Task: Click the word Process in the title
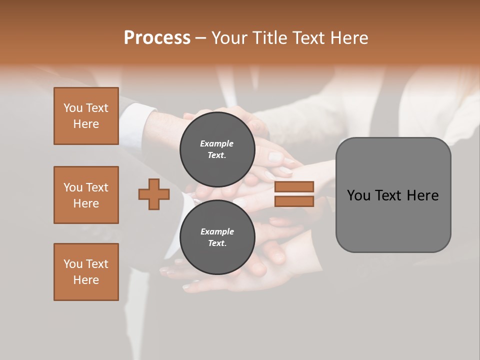pos(157,38)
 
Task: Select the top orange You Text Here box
pos(86,116)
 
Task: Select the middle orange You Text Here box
pos(86,195)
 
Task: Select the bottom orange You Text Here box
pos(86,272)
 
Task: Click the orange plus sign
pos(154,194)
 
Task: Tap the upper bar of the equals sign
pos(294,186)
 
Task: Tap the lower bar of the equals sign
pos(294,201)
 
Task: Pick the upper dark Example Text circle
pos(217,149)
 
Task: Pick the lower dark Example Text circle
pos(217,237)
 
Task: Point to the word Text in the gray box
pos(390,195)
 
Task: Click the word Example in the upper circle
pos(216,143)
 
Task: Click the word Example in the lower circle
pos(217,231)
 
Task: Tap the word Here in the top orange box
pos(86,124)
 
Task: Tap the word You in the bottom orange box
pos(72,264)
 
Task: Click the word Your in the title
pos(229,38)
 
